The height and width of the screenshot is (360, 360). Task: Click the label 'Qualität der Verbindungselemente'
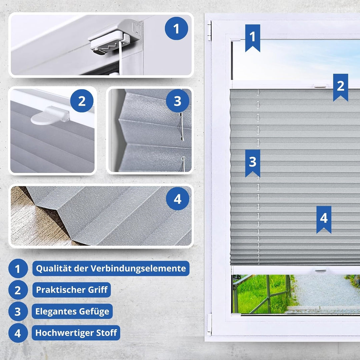(111, 268)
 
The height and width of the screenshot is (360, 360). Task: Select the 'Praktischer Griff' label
(71, 290)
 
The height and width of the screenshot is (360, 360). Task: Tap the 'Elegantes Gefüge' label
(72, 311)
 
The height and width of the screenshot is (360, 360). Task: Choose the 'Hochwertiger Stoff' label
(76, 333)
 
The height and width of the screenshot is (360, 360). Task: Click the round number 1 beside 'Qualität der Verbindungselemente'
(18, 269)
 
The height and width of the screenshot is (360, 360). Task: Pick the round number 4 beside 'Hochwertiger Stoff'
(18, 333)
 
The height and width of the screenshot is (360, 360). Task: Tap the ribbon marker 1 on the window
(253, 37)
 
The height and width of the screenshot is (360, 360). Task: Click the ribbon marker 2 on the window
(340, 86)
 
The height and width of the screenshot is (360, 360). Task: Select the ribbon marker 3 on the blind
(253, 162)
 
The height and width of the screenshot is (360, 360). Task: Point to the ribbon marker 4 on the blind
(324, 219)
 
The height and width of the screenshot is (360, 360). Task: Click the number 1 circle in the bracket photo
(176, 29)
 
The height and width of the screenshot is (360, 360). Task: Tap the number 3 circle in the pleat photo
(177, 101)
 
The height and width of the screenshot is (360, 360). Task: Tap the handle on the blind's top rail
(320, 86)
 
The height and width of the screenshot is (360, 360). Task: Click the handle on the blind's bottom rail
(320, 270)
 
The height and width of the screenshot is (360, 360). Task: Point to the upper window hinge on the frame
(209, 31)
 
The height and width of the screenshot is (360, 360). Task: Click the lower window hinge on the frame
(209, 324)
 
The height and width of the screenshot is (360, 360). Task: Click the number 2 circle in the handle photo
(82, 101)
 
